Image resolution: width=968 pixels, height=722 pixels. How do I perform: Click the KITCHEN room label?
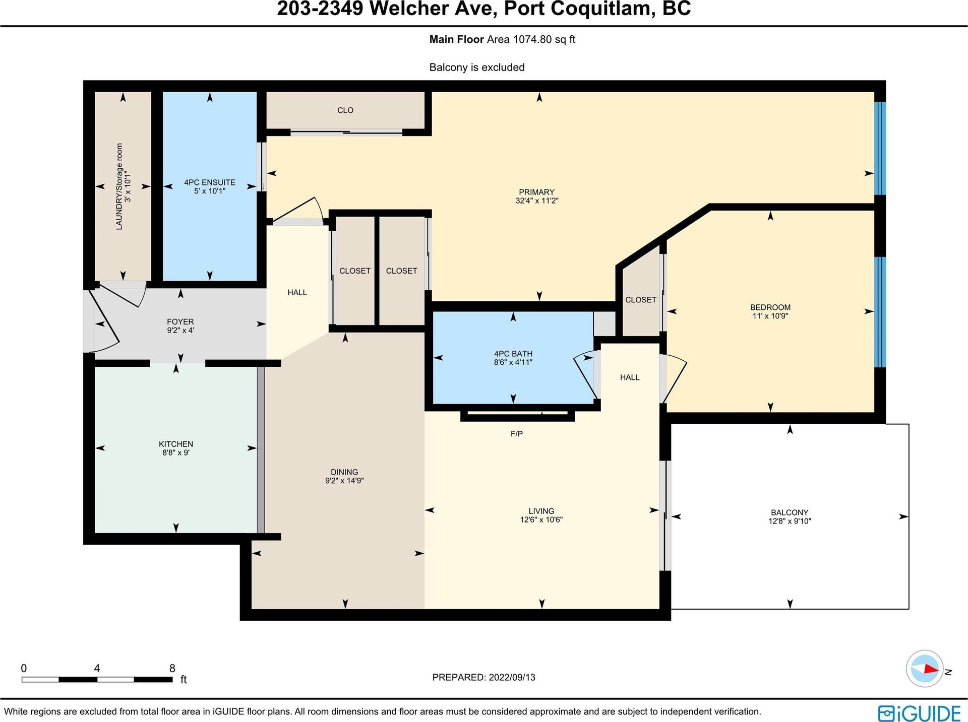[x=176, y=444]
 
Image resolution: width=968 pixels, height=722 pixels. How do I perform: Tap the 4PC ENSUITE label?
[x=210, y=182]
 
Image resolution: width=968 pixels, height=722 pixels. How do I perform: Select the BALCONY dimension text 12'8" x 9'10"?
[x=790, y=521]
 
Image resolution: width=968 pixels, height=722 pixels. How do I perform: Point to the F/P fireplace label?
[x=517, y=434]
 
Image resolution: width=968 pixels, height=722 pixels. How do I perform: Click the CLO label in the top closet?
[x=345, y=110]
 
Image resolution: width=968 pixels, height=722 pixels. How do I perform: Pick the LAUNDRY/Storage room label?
[x=119, y=186]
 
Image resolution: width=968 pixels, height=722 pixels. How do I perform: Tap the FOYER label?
[x=180, y=321]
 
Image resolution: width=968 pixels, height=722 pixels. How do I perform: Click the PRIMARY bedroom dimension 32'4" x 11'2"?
[x=536, y=201]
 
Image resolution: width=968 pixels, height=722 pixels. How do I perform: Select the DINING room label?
[x=344, y=472]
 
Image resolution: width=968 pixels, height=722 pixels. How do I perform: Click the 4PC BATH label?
[x=513, y=354]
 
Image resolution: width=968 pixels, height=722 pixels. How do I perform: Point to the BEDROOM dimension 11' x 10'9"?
[x=770, y=316]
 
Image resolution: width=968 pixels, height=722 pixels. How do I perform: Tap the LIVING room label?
[x=541, y=511]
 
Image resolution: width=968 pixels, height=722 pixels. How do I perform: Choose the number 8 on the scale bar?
[x=172, y=669]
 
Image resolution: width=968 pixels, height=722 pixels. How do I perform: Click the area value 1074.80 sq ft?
[x=544, y=39]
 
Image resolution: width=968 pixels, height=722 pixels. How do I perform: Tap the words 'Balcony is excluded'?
[x=477, y=68]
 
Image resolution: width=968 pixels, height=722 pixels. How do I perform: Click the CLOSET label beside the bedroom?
[x=641, y=300]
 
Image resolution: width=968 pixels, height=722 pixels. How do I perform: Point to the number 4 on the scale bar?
[x=97, y=669]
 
